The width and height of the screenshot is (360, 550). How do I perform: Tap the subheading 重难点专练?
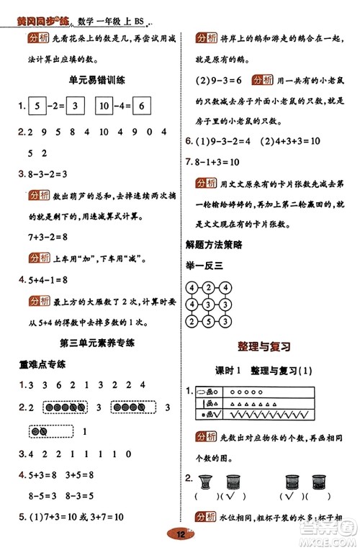[x=42, y=364]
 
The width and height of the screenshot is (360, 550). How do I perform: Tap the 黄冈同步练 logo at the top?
[x=40, y=8]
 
